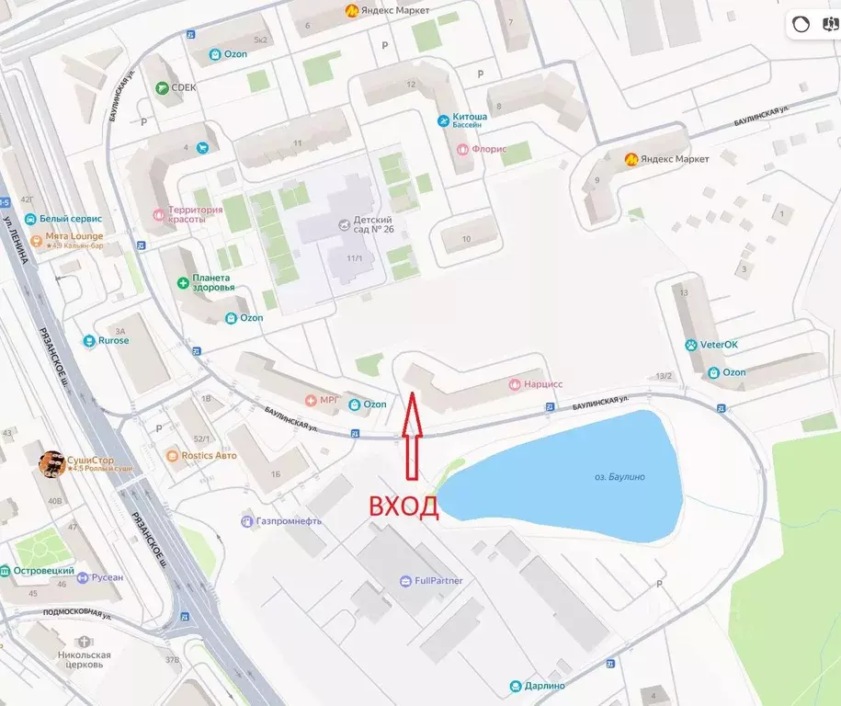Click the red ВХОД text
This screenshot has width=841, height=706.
click(403, 507)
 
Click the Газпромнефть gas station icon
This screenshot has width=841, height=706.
click(246, 521)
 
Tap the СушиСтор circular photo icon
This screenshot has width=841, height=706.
click(51, 464)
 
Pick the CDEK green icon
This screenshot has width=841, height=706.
click(163, 88)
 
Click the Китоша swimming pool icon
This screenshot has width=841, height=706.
click(445, 120)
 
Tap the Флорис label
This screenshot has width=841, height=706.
click(489, 149)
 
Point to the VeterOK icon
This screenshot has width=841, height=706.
click(691, 345)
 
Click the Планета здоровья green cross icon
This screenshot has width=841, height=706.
click(183, 282)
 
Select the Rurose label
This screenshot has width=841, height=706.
click(114, 341)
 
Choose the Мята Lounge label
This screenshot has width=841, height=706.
click(75, 236)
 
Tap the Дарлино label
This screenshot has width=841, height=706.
click(545, 686)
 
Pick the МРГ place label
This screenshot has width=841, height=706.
click(329, 401)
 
